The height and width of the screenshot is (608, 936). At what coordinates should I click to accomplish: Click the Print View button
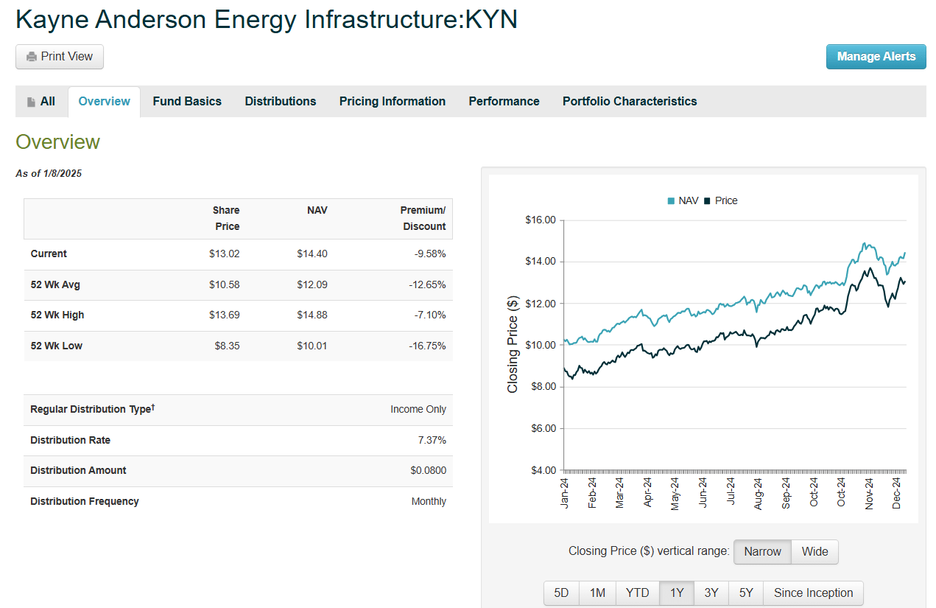[x=60, y=57]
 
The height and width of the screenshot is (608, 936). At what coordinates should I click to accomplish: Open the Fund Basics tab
[x=187, y=102]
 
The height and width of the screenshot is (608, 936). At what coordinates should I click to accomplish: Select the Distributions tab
[x=281, y=102]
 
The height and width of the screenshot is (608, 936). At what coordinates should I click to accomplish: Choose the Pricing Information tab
[x=392, y=102]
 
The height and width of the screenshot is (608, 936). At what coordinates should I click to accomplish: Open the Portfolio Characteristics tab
[x=630, y=102]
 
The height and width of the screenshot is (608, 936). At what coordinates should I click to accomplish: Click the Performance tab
[x=504, y=102]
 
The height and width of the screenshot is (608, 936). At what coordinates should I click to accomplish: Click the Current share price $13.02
[x=224, y=254]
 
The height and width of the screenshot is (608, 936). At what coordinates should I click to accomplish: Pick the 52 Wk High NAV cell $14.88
[x=312, y=315]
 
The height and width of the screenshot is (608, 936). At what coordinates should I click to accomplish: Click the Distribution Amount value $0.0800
[x=428, y=471]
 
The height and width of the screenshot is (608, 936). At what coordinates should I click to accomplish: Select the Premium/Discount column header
[x=423, y=218]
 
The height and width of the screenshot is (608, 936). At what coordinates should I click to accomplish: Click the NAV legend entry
[x=683, y=200]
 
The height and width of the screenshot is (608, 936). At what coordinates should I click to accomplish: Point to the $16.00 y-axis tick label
[x=540, y=220]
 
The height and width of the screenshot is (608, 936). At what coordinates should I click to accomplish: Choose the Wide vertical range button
[x=814, y=551]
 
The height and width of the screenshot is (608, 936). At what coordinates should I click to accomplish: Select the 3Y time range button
[x=711, y=593]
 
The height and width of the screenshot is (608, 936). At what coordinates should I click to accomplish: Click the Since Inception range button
[x=813, y=593]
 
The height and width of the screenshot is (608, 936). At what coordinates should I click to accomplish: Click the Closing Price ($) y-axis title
[x=513, y=344]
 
